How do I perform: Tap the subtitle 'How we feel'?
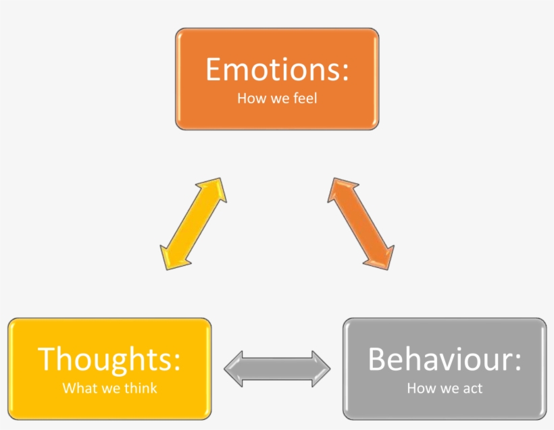[x=277, y=99]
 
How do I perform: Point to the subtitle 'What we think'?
[x=109, y=388]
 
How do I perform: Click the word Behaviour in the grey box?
[x=440, y=359]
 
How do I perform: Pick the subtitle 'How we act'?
[x=445, y=388]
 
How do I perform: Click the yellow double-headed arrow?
[x=193, y=223]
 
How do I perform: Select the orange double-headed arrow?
[x=361, y=223]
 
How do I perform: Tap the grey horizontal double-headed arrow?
[x=277, y=368]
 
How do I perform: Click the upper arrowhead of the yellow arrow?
[x=215, y=189]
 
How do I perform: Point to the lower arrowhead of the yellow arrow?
[x=171, y=258]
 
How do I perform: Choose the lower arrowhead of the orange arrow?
[x=383, y=258]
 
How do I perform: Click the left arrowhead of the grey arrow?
[x=233, y=368]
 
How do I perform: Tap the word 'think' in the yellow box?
[x=141, y=388]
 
